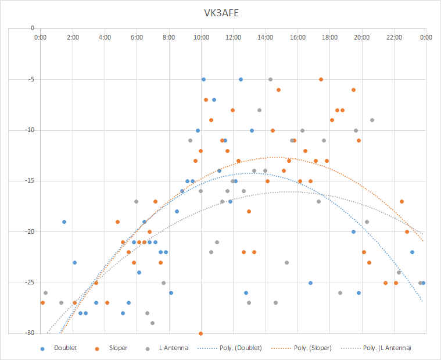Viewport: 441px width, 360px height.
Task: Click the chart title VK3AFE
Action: [x=221, y=13]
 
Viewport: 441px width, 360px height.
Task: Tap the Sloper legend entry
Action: [x=111, y=348]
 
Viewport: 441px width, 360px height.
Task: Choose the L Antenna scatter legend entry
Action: [x=167, y=348]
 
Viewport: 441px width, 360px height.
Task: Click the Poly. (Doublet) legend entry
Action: [x=230, y=348]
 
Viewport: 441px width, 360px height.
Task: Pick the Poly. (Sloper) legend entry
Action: [x=301, y=348]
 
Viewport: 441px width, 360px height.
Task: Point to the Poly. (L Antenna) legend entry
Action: [x=376, y=348]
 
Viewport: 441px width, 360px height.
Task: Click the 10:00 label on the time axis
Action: [x=201, y=37]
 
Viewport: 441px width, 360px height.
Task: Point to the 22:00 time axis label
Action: [x=394, y=37]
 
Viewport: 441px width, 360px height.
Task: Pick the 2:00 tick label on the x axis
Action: [x=73, y=37]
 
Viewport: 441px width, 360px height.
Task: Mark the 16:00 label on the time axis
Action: [x=297, y=37]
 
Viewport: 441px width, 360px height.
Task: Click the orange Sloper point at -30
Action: [x=200, y=334]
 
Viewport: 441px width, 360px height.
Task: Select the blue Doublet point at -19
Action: [x=64, y=222]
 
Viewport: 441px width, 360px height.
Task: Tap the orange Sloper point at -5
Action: [x=321, y=79]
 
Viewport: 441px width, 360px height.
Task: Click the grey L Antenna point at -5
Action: [x=270, y=79]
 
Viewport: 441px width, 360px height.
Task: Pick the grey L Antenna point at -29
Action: [x=152, y=323]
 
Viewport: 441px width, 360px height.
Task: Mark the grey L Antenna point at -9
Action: [x=372, y=120]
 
